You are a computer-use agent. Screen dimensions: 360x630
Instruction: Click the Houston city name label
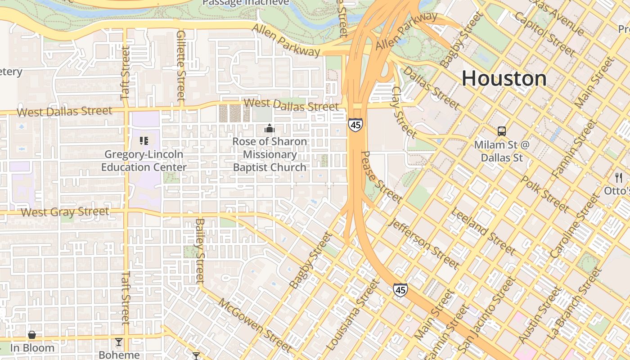click(504, 79)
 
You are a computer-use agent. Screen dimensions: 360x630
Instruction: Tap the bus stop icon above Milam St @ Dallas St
click(502, 131)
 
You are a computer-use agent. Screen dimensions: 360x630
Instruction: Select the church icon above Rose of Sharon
click(270, 129)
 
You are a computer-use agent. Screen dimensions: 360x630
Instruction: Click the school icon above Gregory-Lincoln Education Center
click(144, 141)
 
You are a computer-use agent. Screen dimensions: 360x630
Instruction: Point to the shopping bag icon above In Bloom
click(32, 335)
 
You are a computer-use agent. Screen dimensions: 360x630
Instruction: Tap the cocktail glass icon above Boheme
click(119, 342)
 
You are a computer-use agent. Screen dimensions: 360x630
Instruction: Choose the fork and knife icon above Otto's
click(619, 177)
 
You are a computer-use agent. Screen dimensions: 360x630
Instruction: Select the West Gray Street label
click(65, 211)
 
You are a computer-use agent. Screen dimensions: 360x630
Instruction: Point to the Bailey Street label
click(200, 251)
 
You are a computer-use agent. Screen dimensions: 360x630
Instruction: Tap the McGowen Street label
click(255, 324)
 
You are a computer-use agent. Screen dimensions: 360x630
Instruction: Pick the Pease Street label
click(381, 176)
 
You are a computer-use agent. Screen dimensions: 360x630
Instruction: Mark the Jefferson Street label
click(424, 243)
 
